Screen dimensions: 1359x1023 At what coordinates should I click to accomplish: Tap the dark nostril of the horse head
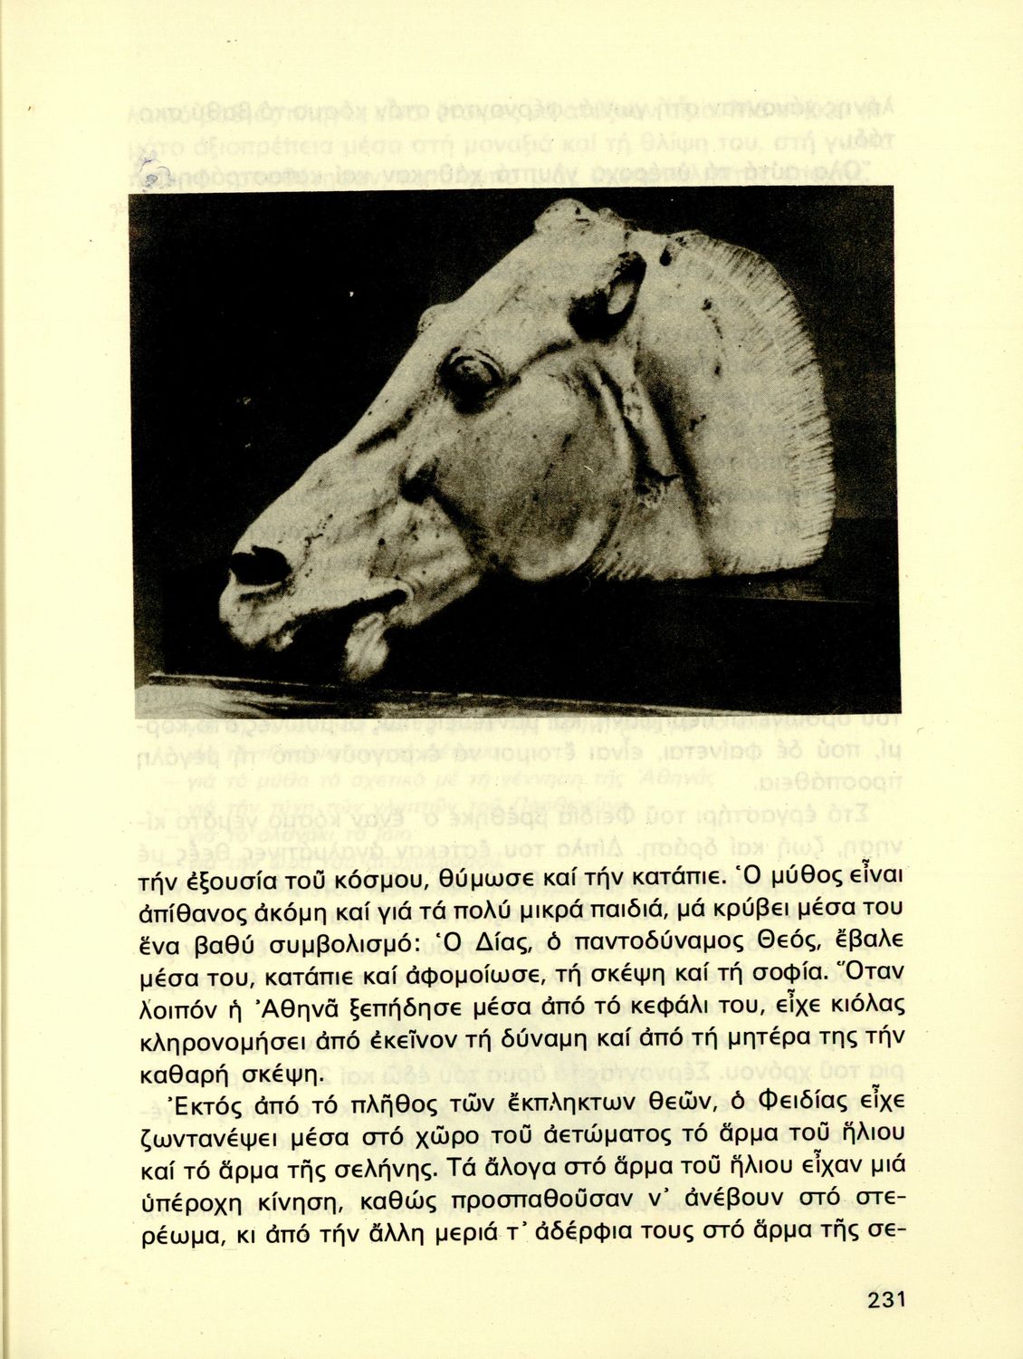256,565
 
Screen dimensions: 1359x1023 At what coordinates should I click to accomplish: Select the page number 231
886,1299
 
